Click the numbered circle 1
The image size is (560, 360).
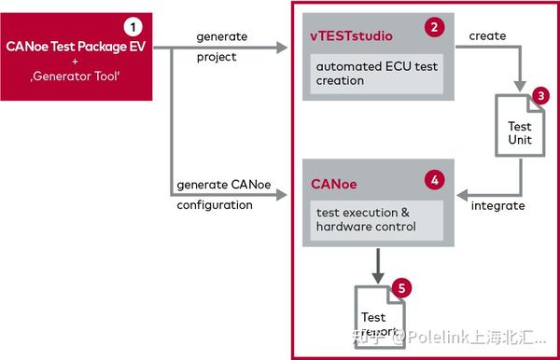coord(133,25)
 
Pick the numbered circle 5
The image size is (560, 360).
coord(399,288)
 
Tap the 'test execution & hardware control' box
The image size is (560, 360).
coord(365,220)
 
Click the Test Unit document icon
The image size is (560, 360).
coord(519,133)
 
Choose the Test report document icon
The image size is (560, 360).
coord(375,322)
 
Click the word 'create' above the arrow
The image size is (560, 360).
coord(488,36)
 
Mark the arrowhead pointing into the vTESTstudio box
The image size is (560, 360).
coord(284,46)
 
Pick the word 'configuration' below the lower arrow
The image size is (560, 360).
coord(215,205)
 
